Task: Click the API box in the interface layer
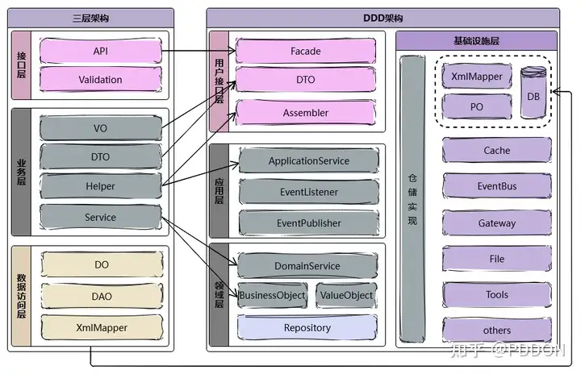[100, 52]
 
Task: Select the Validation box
[100, 80]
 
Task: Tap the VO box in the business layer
[100, 128]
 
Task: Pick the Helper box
[100, 186]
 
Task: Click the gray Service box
[100, 217]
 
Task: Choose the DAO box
[102, 297]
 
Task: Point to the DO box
[102, 265]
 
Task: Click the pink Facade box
[306, 52]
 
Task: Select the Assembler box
[306, 113]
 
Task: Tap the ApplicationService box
[308, 161]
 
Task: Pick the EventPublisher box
[308, 223]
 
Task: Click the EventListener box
[308, 193]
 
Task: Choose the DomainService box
[307, 266]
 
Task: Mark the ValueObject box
[346, 296]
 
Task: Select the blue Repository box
[307, 328]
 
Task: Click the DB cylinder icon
[533, 93]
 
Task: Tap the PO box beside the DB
[476, 106]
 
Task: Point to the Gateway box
[497, 223]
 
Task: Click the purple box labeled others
[497, 330]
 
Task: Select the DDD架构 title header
[382, 18]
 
